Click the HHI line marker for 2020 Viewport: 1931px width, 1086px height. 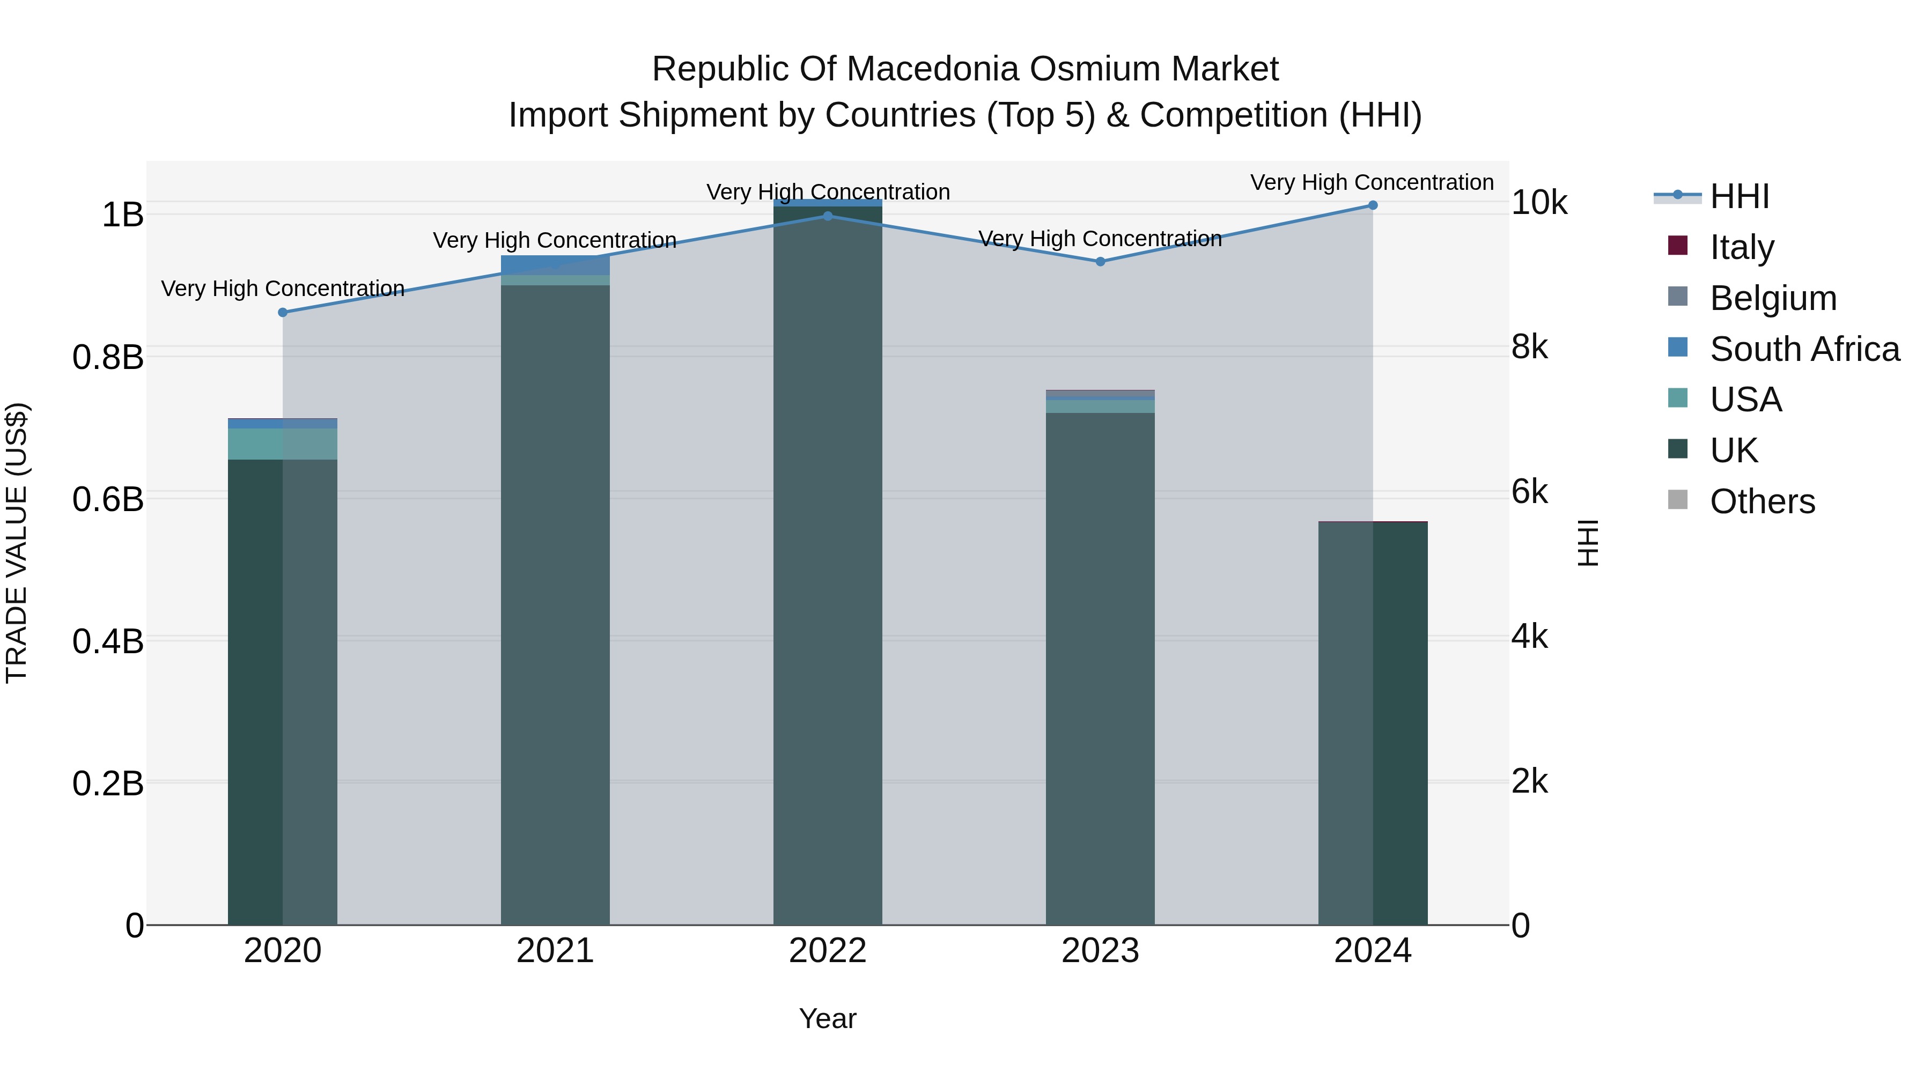(x=283, y=313)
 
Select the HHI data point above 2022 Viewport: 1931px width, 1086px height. (x=828, y=216)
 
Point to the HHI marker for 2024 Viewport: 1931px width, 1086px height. (x=1373, y=205)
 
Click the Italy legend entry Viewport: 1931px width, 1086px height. (x=1741, y=247)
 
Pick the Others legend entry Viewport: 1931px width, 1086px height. (x=1762, y=501)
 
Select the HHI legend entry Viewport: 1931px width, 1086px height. (x=1739, y=196)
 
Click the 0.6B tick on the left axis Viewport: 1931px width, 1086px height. (x=107, y=499)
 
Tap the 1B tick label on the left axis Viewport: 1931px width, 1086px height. (x=122, y=215)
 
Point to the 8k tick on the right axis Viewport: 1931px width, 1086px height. (x=1529, y=347)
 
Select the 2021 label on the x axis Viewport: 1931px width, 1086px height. (x=555, y=951)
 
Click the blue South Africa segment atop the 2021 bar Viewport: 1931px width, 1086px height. (x=555, y=264)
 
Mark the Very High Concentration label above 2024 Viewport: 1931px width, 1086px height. (x=1372, y=182)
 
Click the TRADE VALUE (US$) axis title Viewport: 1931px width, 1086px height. (x=17, y=543)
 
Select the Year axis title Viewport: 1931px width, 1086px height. (x=828, y=1018)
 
